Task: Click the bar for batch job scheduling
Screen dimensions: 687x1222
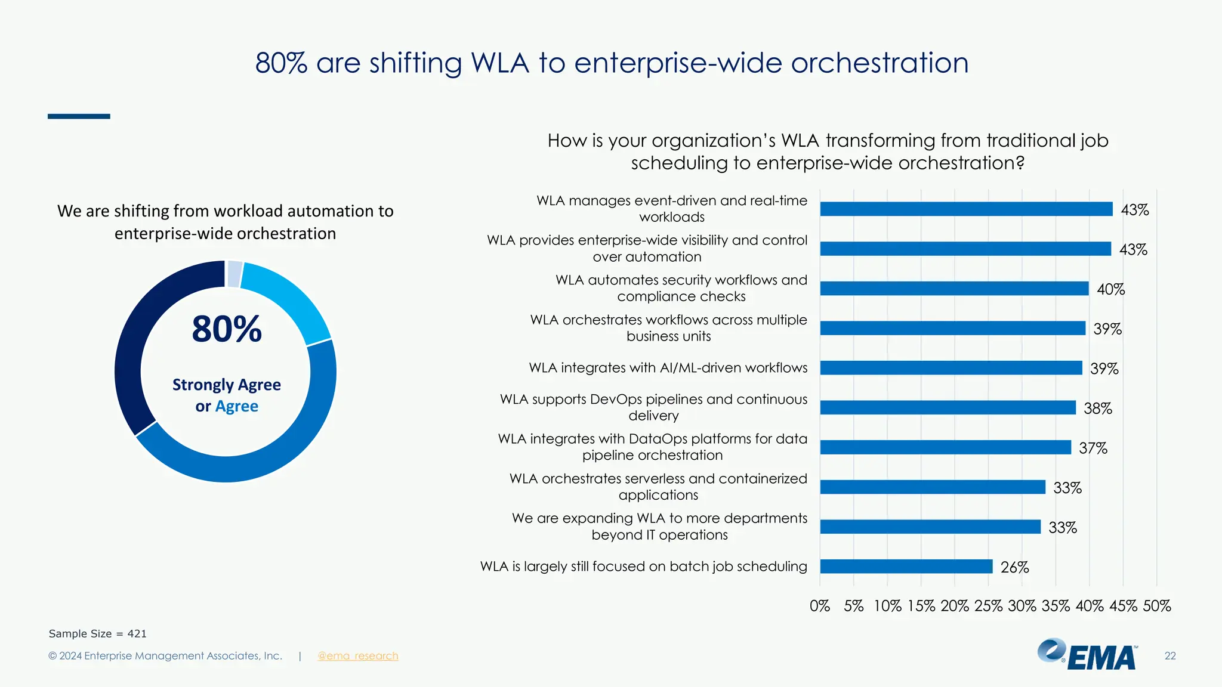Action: pos(906,567)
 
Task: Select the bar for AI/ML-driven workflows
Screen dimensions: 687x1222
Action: pos(951,368)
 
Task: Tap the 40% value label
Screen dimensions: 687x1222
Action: pos(1110,289)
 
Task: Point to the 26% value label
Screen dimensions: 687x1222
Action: pos(1014,567)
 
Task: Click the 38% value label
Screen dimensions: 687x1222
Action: pos(1097,409)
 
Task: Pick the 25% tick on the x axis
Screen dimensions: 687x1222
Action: pos(988,606)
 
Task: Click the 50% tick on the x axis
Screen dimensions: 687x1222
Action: pos(1156,606)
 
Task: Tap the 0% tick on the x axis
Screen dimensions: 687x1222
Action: pos(820,606)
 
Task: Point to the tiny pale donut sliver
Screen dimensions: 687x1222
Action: pos(234,274)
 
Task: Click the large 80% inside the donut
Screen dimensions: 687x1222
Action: pos(227,329)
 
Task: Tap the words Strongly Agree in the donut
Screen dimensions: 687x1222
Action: pos(227,385)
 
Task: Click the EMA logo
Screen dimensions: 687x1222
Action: pos(1087,655)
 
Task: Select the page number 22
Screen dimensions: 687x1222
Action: pos(1169,656)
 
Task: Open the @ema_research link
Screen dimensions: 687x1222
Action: pos(357,656)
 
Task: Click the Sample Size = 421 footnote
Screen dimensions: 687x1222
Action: pos(97,633)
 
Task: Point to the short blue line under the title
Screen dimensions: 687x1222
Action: pos(79,116)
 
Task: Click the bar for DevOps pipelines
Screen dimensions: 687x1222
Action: pos(948,408)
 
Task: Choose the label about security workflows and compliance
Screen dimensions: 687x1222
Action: pos(681,288)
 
